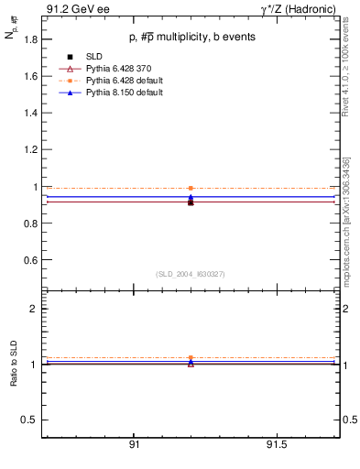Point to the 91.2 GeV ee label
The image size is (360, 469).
click(73, 9)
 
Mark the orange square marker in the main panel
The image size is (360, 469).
click(191, 188)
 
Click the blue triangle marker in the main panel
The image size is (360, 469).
click(191, 196)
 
